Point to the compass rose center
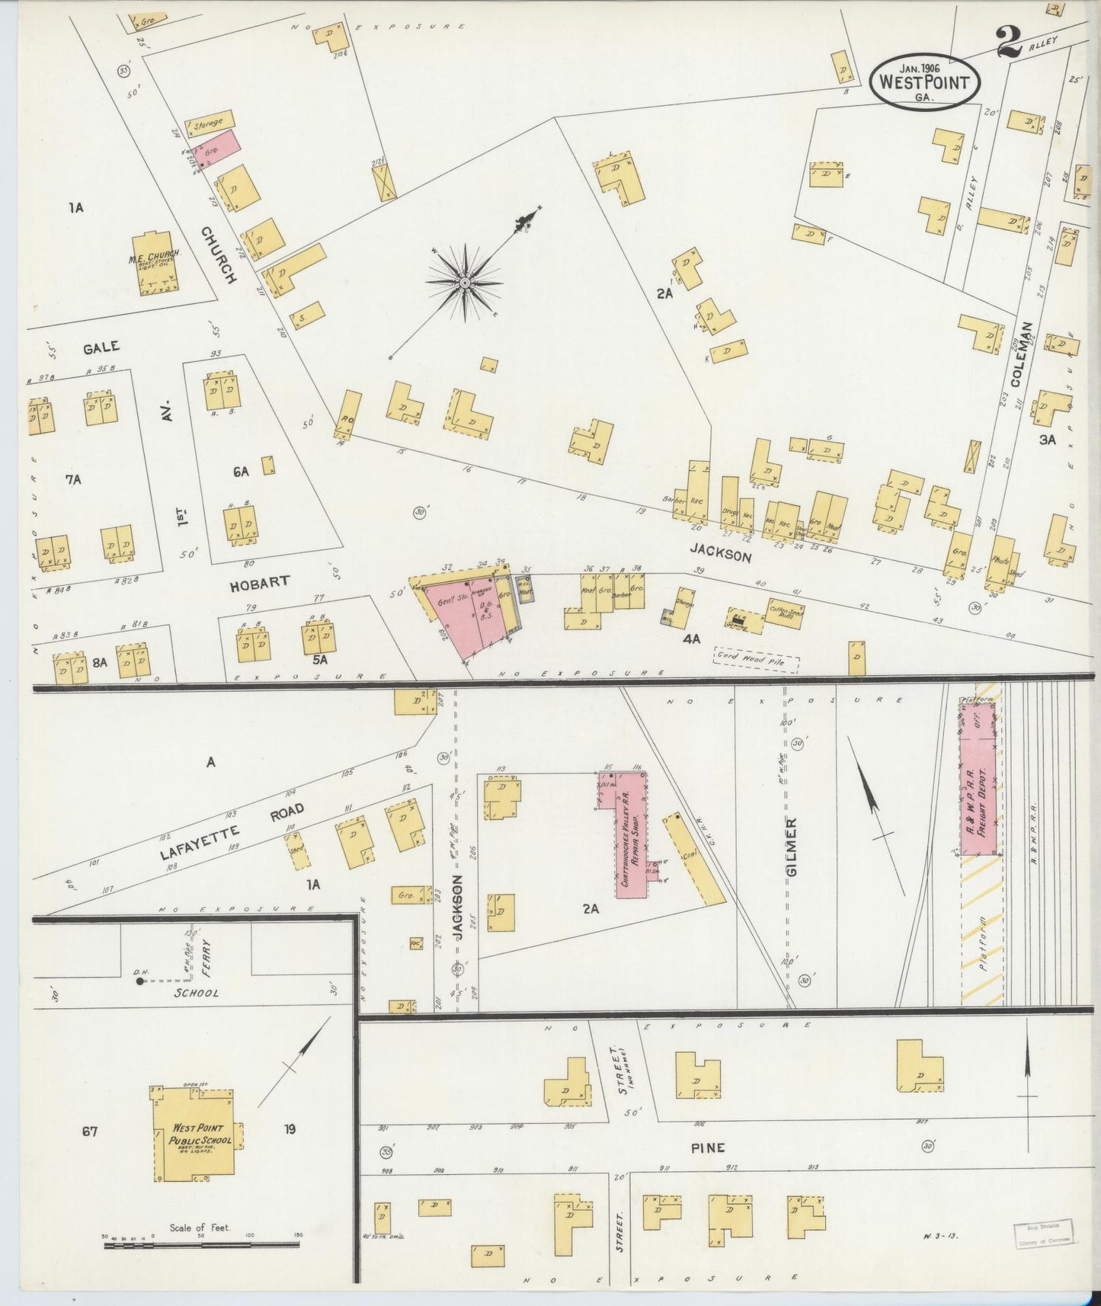(464, 283)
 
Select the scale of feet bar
(202, 1244)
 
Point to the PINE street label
(708, 1147)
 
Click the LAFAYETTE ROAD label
(232, 831)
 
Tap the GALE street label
(101, 347)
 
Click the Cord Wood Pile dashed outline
(756, 659)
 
